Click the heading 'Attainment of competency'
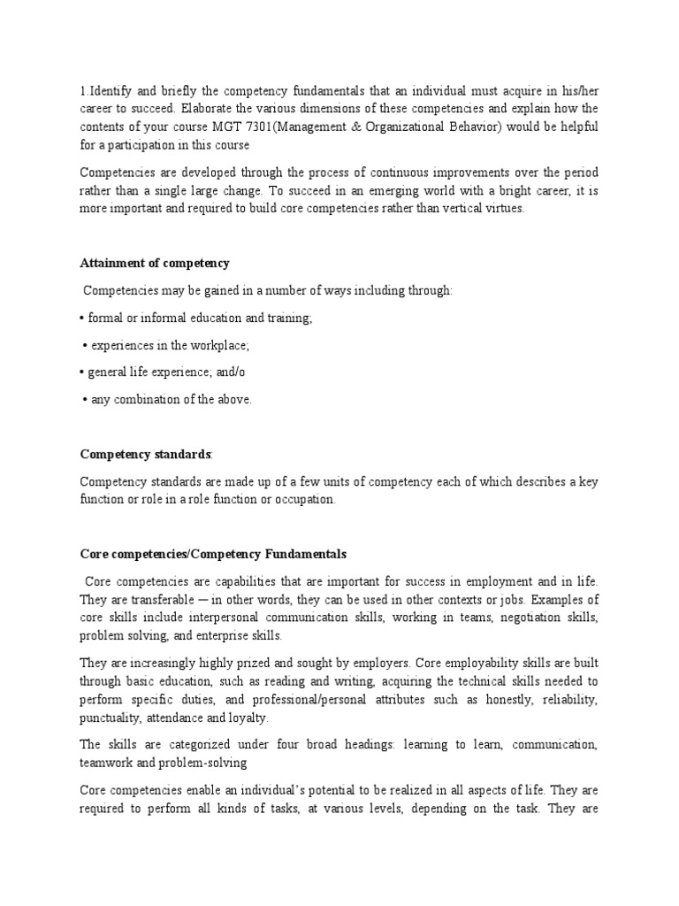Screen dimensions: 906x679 [x=155, y=264]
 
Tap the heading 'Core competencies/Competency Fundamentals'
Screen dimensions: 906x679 [x=213, y=555]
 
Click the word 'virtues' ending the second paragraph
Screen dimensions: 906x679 [x=502, y=209]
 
